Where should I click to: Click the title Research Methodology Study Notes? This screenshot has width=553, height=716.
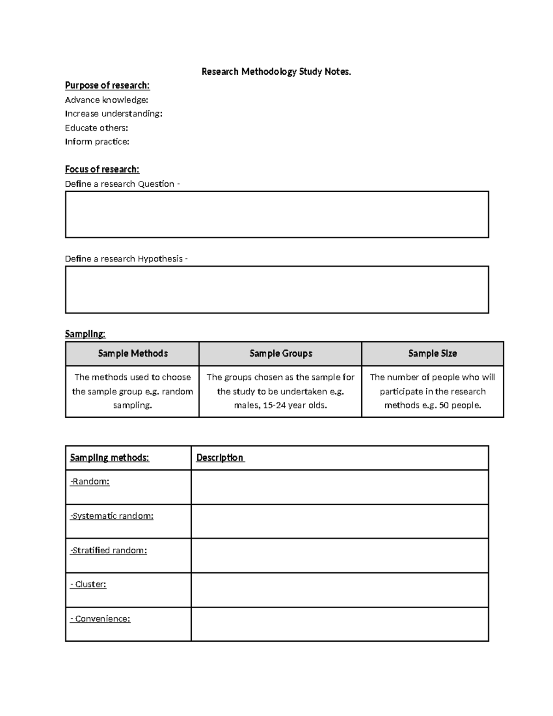pyautogui.click(x=276, y=71)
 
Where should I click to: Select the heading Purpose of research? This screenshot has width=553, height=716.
pyautogui.click(x=107, y=85)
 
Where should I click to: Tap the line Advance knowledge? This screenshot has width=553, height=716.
pyautogui.click(x=106, y=100)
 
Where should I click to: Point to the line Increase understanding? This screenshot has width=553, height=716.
pyautogui.click(x=114, y=114)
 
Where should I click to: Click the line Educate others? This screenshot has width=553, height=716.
pyautogui.click(x=96, y=128)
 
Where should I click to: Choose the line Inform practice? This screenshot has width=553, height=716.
pyautogui.click(x=97, y=142)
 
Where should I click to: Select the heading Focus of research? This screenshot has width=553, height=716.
pyautogui.click(x=102, y=169)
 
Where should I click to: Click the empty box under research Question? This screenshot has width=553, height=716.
pyautogui.click(x=276, y=214)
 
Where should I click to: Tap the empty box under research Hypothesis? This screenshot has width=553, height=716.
pyautogui.click(x=276, y=290)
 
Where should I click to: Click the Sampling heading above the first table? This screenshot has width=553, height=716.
pyautogui.click(x=85, y=334)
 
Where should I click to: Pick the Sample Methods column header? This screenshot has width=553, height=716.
pyautogui.click(x=133, y=354)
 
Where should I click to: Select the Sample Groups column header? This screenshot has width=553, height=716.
pyautogui.click(x=281, y=354)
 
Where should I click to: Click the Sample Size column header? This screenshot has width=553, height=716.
pyautogui.click(x=432, y=354)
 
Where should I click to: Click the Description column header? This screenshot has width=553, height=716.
pyautogui.click(x=220, y=458)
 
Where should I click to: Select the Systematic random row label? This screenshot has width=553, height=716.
pyautogui.click(x=112, y=516)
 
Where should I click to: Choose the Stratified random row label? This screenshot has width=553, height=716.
pyautogui.click(x=109, y=550)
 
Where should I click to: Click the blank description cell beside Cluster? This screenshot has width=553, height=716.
pyautogui.click(x=340, y=590)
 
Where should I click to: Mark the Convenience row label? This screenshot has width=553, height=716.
pyautogui.click(x=100, y=619)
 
